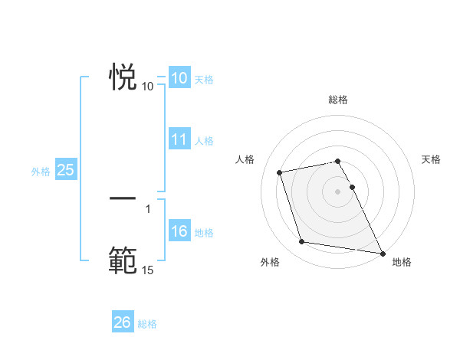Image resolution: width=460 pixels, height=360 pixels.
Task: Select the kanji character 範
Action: tap(123, 260)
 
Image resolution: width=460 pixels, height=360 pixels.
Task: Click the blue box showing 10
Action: tap(179, 78)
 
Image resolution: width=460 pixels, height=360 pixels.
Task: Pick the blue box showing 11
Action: tap(179, 139)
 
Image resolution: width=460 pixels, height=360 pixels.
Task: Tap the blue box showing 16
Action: tap(179, 231)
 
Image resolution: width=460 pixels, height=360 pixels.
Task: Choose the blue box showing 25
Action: tap(66, 170)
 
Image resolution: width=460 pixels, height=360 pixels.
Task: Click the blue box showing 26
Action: tap(123, 322)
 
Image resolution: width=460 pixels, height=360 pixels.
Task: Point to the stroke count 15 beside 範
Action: tap(147, 270)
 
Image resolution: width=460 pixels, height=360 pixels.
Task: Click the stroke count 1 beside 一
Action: tap(147, 208)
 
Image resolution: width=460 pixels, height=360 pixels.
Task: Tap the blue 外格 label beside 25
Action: tap(41, 172)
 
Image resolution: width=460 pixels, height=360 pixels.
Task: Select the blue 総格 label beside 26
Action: tap(147, 324)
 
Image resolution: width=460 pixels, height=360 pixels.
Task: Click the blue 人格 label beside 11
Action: tap(204, 141)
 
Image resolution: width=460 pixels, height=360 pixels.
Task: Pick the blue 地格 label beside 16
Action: tap(204, 233)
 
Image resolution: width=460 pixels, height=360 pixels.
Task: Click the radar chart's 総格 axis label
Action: tap(337, 100)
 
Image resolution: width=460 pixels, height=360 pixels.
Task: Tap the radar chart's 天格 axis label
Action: tap(431, 159)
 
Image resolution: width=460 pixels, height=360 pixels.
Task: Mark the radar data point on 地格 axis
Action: tap(382, 253)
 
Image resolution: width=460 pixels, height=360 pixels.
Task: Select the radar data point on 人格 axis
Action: tap(280, 172)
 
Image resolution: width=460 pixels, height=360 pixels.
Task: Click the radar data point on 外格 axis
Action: tap(302, 242)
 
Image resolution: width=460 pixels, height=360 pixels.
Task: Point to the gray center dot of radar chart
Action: tap(337, 191)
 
